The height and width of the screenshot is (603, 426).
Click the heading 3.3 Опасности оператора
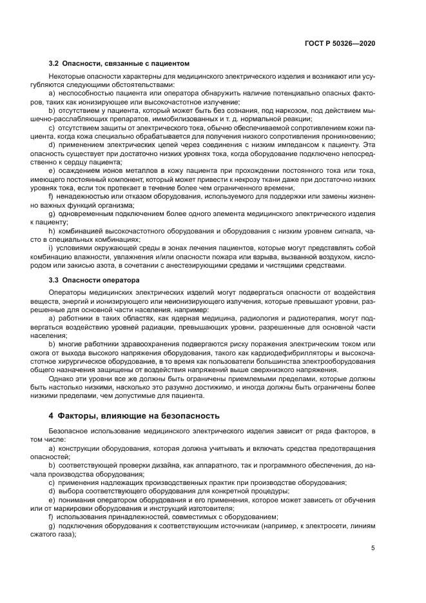tap(94, 281)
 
